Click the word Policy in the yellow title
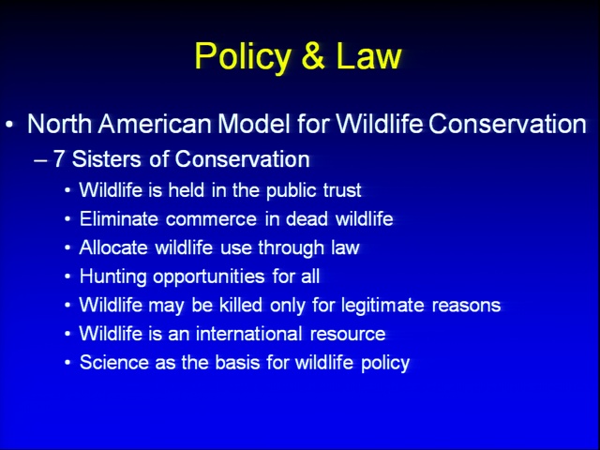[x=243, y=56]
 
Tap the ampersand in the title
[x=313, y=55]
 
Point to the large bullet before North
[x=10, y=125]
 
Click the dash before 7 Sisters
[x=40, y=160]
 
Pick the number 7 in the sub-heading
[x=58, y=158]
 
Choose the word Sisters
[x=106, y=158]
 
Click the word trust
[x=342, y=190]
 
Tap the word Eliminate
[x=119, y=218]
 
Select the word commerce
[x=211, y=219]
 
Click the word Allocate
[x=113, y=247]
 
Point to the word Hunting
[x=112, y=277]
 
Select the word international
[x=249, y=334]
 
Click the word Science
[x=114, y=363]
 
